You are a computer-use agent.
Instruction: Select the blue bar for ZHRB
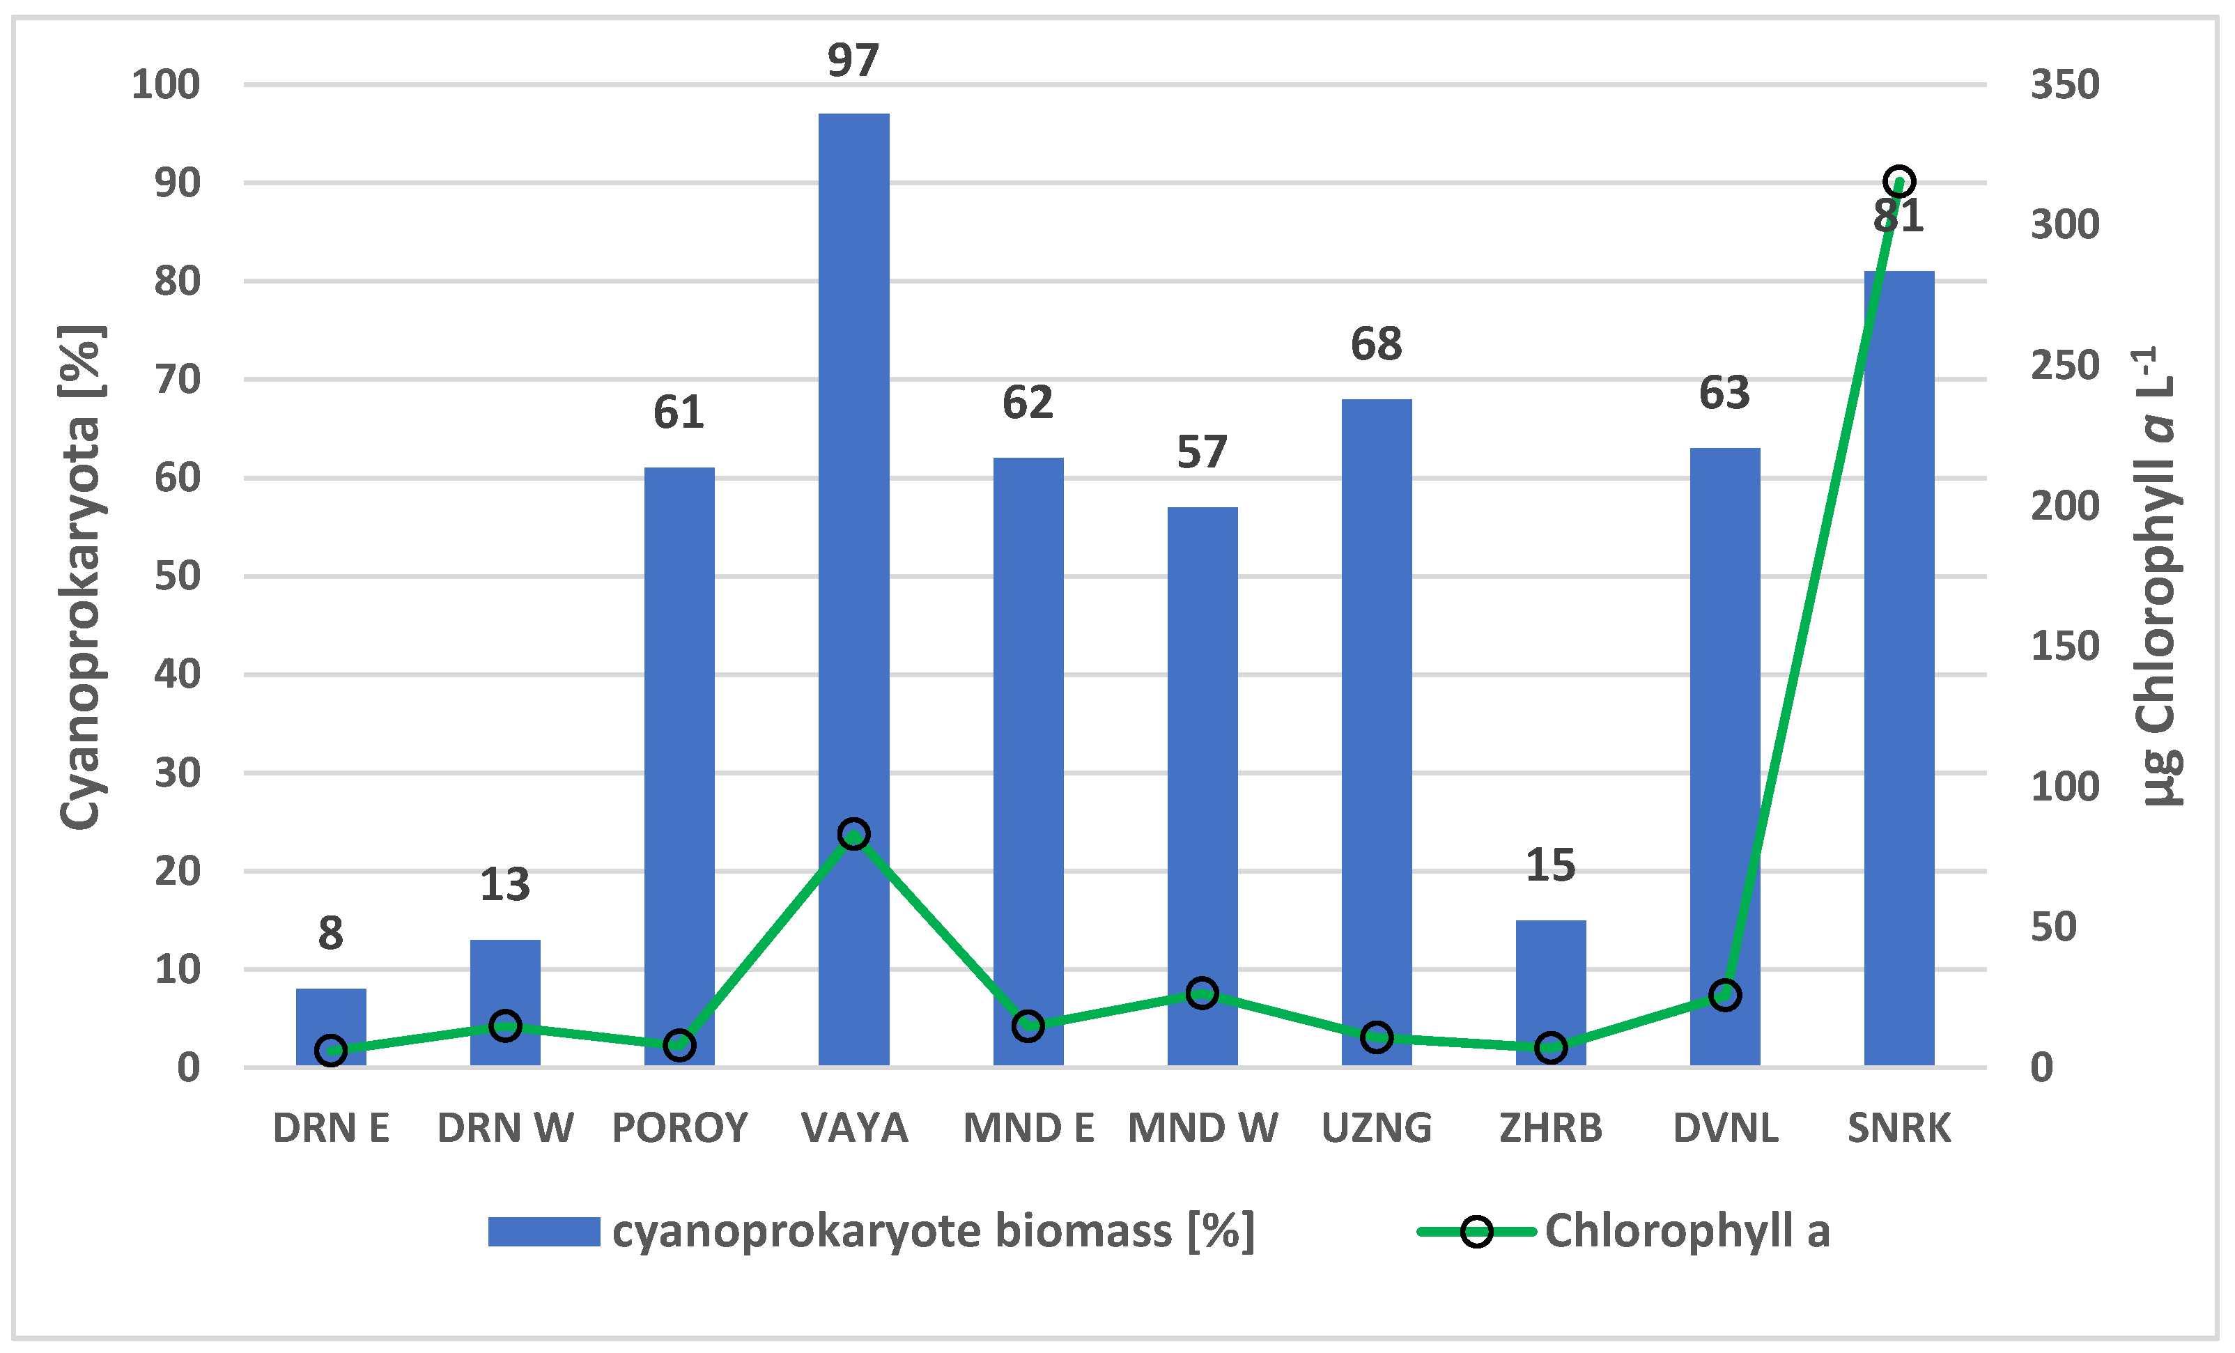click(1550, 992)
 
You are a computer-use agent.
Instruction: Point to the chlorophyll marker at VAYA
click(853, 833)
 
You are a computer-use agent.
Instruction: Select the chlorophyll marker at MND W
click(1202, 993)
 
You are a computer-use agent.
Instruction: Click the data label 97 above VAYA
click(853, 61)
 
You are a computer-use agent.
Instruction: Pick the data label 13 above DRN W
click(505, 884)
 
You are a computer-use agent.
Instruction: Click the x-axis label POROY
click(679, 1128)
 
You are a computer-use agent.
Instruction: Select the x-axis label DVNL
click(1725, 1128)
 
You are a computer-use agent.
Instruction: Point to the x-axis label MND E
click(1028, 1128)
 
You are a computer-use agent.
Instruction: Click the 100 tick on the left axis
click(166, 84)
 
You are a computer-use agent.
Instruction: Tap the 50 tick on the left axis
click(177, 576)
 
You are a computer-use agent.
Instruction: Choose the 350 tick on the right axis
click(2064, 84)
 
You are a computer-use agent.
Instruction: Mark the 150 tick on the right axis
click(2064, 647)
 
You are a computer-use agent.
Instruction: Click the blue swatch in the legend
click(543, 1232)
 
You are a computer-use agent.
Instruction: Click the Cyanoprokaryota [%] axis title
click(82, 577)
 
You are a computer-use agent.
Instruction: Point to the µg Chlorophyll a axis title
click(2159, 577)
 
